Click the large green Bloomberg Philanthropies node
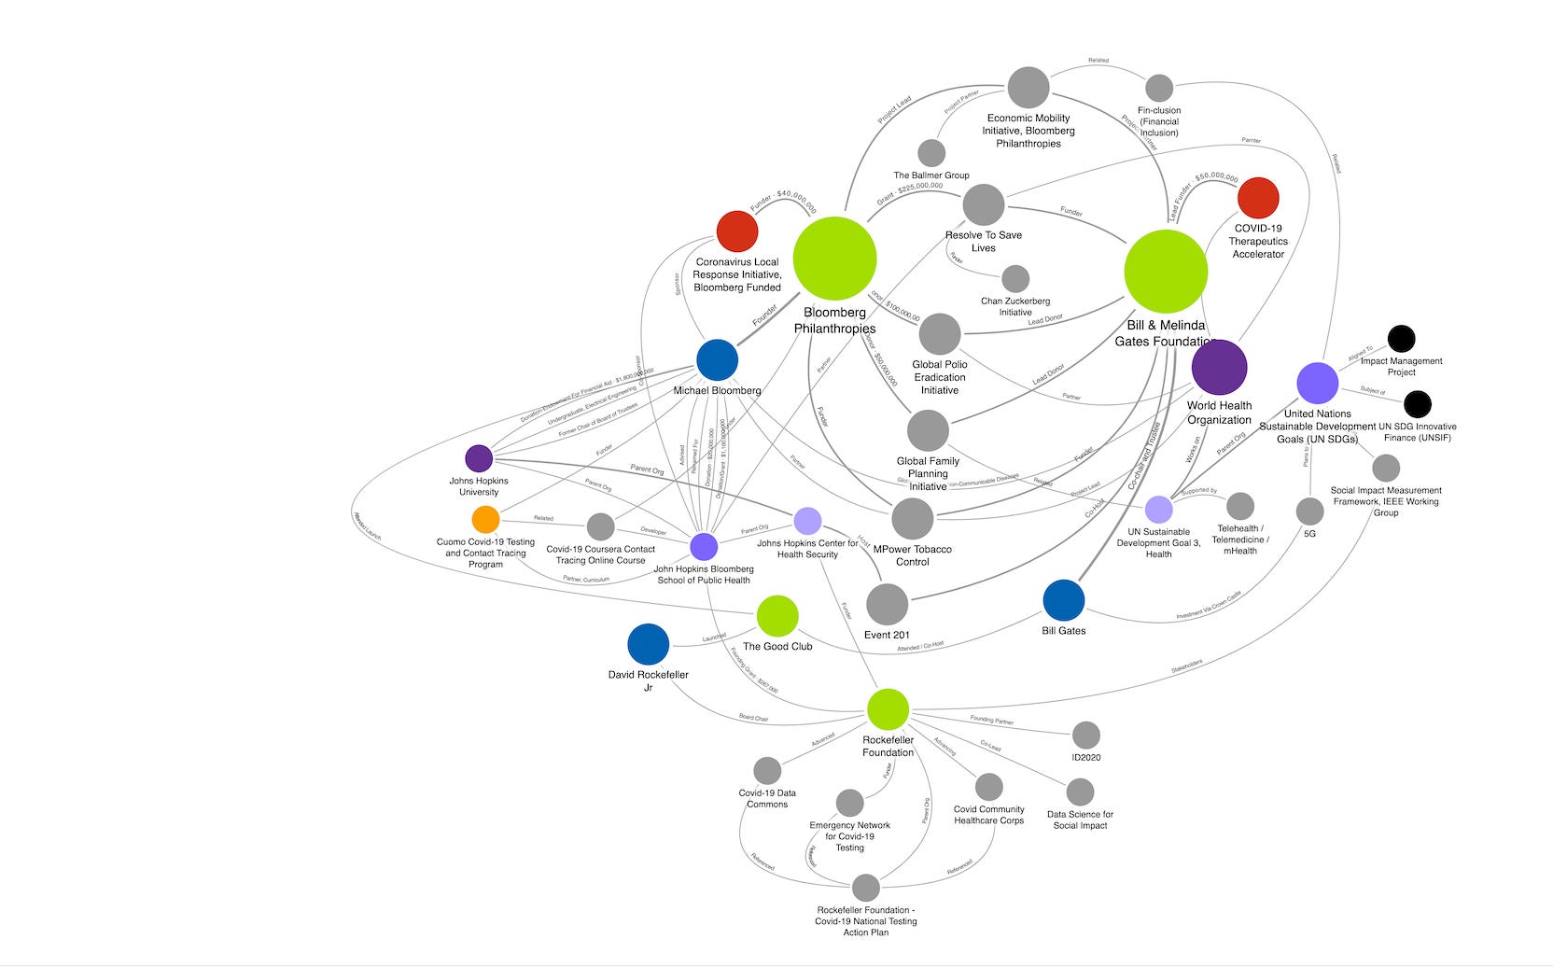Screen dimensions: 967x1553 coord(834,259)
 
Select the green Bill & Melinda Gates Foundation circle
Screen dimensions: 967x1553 coord(1166,272)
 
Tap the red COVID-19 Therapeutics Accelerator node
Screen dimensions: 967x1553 coord(1258,198)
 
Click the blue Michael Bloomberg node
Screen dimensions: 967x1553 coord(717,360)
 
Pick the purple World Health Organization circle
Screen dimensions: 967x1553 coord(1219,367)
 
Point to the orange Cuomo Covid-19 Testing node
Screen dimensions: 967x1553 coord(485,519)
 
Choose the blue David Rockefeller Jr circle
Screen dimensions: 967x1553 coord(649,645)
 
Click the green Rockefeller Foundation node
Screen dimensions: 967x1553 coord(888,709)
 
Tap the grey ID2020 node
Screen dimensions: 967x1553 coord(1085,736)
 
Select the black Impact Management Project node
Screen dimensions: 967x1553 coord(1401,339)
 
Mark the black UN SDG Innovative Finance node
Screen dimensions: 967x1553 coord(1417,404)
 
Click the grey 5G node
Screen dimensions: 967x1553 coord(1309,511)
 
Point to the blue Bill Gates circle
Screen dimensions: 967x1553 coord(1063,600)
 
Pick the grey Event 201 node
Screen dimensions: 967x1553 coord(887,605)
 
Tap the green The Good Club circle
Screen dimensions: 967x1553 coord(777,616)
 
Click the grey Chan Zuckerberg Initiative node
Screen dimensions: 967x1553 coord(1015,278)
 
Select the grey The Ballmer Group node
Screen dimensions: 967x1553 coord(931,153)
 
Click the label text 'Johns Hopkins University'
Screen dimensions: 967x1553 coord(479,486)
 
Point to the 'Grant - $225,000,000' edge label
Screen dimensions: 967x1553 coord(910,192)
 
